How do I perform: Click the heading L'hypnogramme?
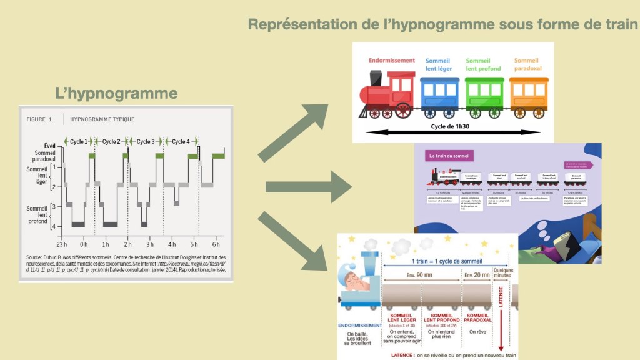pyautogui.click(x=116, y=94)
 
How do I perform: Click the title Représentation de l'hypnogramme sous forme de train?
pyautogui.click(x=443, y=25)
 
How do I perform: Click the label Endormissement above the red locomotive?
pyautogui.click(x=392, y=61)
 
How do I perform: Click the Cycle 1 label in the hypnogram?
pyautogui.click(x=79, y=141)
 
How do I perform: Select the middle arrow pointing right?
pyautogui.click(x=306, y=187)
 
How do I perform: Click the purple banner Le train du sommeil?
pyautogui.click(x=449, y=155)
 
